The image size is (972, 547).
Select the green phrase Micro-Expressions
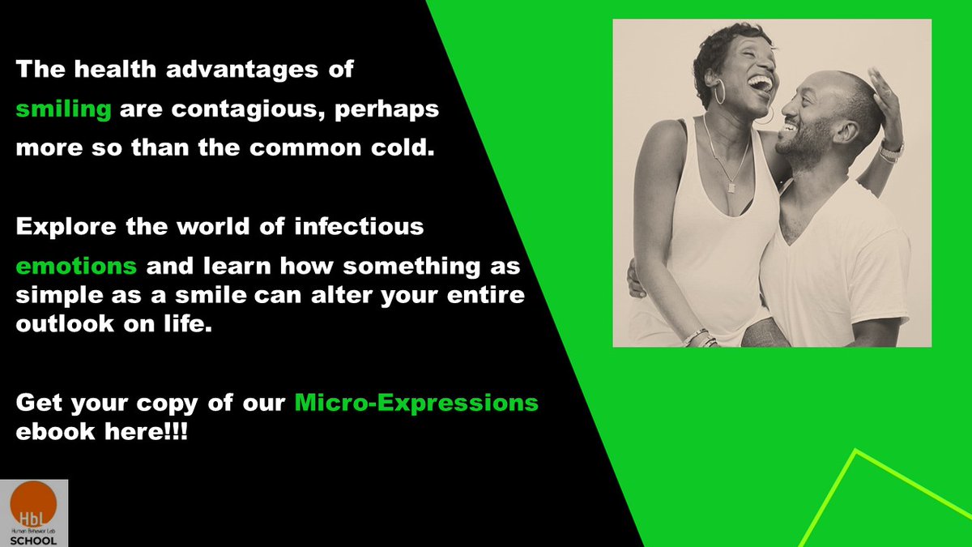(x=416, y=402)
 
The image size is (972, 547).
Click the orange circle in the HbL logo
(x=34, y=503)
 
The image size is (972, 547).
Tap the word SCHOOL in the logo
(x=34, y=540)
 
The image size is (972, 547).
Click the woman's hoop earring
(x=719, y=92)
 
